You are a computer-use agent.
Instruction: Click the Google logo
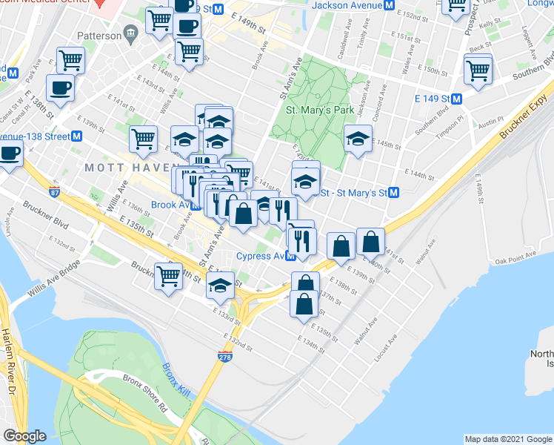[25, 436]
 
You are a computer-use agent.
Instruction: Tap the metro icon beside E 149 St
[457, 99]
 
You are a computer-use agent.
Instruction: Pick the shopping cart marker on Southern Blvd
[478, 71]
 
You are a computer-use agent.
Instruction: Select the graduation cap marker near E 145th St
[358, 139]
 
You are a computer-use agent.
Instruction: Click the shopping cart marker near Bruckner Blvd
[169, 276]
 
